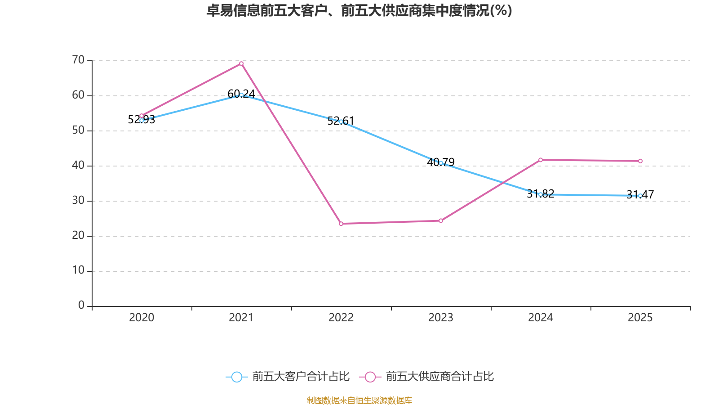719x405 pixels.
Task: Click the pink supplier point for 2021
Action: point(241,63)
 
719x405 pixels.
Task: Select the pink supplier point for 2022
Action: point(341,224)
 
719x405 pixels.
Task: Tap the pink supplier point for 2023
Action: point(441,220)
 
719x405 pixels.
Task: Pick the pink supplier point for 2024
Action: point(541,160)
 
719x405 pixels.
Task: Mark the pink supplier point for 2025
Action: point(640,161)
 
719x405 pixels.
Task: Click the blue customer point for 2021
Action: point(241,95)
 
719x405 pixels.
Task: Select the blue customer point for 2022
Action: point(341,121)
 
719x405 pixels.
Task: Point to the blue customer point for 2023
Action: point(441,163)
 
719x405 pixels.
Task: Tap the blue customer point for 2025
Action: point(640,196)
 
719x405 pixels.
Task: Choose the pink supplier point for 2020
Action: point(142,116)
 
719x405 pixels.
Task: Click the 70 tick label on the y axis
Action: point(78,60)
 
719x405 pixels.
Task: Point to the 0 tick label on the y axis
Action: point(81,306)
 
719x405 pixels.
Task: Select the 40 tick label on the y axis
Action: point(78,165)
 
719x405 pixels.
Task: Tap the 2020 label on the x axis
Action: point(142,318)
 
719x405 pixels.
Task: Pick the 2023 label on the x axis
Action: point(441,318)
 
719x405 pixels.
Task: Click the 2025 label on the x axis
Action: point(640,318)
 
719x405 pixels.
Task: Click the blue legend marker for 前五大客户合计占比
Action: point(236,377)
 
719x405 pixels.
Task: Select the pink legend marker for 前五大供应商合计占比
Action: point(370,377)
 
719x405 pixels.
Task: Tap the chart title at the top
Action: point(359,10)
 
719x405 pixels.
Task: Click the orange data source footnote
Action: point(359,400)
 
